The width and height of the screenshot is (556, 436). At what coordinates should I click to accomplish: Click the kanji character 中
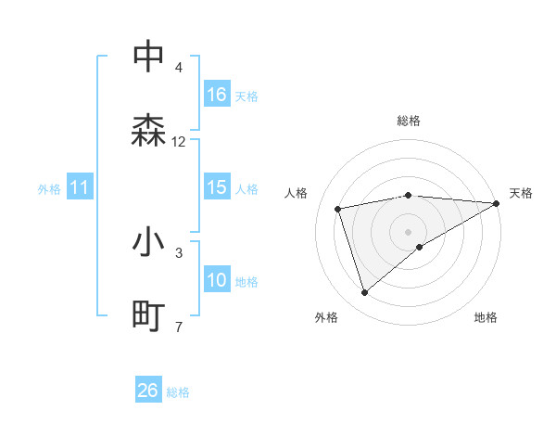(x=149, y=58)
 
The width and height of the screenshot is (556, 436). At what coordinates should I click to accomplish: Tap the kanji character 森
(x=149, y=130)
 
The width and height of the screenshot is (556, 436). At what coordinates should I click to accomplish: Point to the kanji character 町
(x=149, y=315)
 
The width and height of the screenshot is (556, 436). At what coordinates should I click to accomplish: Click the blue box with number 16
(x=217, y=94)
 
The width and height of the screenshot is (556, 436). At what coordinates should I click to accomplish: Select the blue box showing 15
(x=217, y=187)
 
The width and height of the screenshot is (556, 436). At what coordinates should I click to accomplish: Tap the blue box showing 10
(x=217, y=280)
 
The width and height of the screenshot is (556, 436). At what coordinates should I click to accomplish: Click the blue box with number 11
(x=80, y=187)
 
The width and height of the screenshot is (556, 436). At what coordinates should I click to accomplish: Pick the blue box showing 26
(x=148, y=391)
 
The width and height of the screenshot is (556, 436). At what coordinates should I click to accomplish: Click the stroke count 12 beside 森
(x=179, y=142)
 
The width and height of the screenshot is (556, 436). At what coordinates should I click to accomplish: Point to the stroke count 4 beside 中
(x=179, y=69)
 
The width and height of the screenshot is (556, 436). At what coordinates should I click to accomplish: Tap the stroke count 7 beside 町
(x=179, y=327)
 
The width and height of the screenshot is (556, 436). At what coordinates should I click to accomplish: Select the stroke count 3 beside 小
(x=179, y=252)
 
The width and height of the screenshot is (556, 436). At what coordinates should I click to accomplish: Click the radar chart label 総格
(x=409, y=121)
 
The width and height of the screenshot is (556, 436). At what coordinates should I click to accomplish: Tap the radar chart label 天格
(x=522, y=193)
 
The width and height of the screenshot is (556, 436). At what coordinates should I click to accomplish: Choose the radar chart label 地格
(x=486, y=317)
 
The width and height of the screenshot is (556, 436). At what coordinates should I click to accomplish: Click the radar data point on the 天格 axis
(x=497, y=203)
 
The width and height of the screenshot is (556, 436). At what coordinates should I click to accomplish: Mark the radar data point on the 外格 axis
(x=364, y=293)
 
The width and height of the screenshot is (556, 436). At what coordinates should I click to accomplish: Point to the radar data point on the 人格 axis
(x=338, y=208)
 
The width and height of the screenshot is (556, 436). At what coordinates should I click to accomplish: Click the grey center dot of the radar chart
(x=409, y=231)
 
